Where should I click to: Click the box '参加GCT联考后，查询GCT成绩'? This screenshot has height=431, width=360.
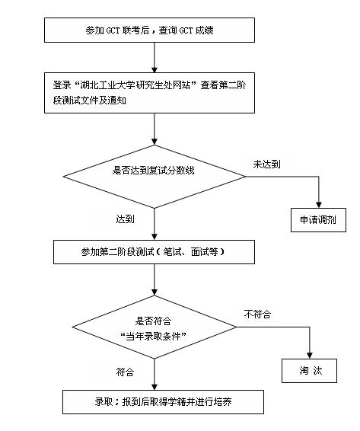pyautogui.click(x=155, y=30)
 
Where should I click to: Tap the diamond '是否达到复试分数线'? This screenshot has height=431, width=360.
pyautogui.click(x=155, y=171)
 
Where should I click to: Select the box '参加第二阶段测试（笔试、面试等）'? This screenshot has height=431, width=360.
pyautogui.click(x=155, y=251)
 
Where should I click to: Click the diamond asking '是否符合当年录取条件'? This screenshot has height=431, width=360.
pyautogui.click(x=155, y=328)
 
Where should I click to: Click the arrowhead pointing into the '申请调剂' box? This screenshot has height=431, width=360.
pyautogui.click(x=317, y=202)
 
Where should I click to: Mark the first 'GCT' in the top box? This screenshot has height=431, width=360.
pyautogui.click(x=111, y=30)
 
